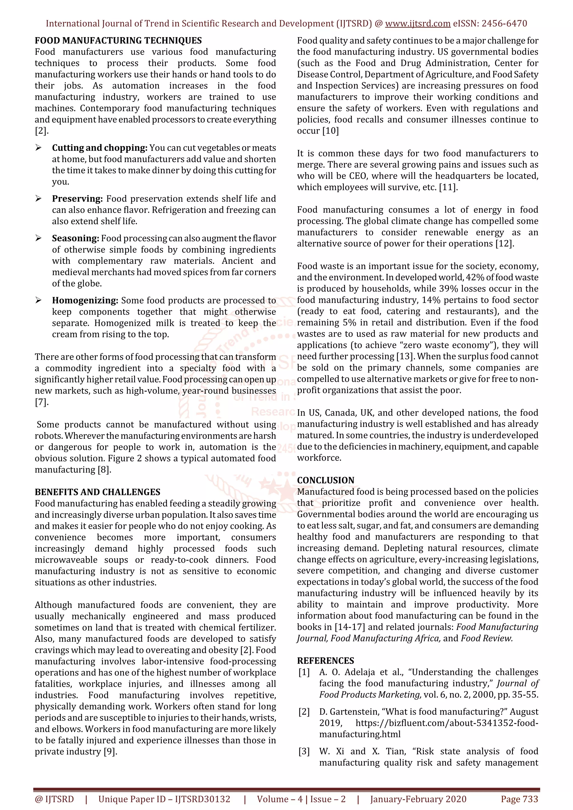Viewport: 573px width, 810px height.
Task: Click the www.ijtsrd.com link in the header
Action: (417, 24)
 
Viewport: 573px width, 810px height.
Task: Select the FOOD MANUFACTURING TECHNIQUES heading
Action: (118, 41)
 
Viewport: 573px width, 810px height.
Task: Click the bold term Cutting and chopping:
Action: (100, 148)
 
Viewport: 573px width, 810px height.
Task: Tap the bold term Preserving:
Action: (77, 199)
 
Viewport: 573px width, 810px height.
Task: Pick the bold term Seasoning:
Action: (75, 238)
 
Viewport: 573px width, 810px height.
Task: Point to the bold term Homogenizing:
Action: (85, 300)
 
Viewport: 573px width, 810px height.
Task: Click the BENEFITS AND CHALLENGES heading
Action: (97, 492)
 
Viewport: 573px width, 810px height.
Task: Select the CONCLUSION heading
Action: (325, 480)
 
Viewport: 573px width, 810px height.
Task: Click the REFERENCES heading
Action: (325, 661)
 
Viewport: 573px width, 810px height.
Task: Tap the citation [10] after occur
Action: (330, 131)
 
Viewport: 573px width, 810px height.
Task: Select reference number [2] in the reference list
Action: (304, 712)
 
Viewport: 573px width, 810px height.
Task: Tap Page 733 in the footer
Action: (519, 799)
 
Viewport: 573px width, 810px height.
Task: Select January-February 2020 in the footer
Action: (418, 799)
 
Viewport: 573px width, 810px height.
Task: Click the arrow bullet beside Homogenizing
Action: (39, 300)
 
